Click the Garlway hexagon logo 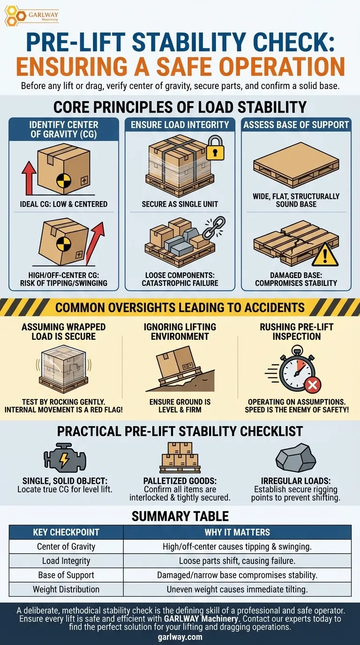[15, 16]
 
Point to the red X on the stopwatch [313, 384]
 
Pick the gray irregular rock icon [295, 457]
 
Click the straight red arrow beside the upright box [29, 178]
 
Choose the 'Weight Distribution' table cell [66, 589]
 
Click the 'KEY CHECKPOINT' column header [66, 532]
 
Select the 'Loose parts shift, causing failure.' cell [237, 561]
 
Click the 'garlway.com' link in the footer [180, 637]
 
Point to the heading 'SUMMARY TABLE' [180, 516]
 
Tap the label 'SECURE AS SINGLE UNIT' [180, 204]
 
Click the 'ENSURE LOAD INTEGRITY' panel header [180, 125]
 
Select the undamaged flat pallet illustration [296, 165]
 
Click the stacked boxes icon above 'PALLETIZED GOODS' [180, 458]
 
